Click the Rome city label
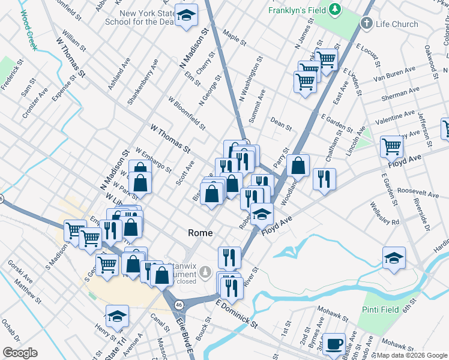coord(200,233)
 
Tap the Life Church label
coord(397,24)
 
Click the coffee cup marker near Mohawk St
coord(335,345)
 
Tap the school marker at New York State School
coord(187,16)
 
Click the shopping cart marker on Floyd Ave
coord(391,146)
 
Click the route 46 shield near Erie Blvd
coord(179,305)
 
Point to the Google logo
coord(20,353)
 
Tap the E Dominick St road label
coord(237,314)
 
